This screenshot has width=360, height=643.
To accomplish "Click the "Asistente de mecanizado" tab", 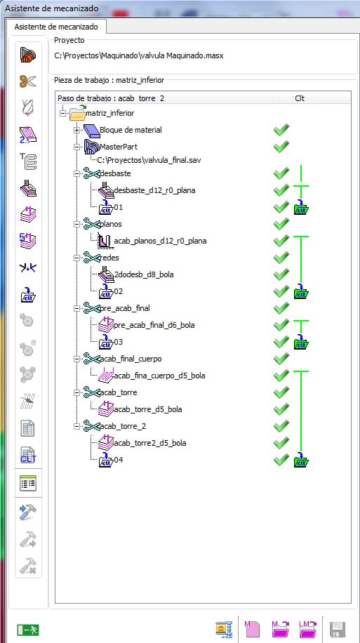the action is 56,27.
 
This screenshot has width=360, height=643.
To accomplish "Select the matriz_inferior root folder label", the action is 110,113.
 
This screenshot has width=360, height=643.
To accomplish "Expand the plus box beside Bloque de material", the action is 76,130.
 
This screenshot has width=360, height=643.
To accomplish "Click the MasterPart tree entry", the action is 119,147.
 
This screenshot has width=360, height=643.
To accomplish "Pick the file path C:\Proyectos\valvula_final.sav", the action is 149,159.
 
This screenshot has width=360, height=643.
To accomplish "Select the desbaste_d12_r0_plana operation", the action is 154,190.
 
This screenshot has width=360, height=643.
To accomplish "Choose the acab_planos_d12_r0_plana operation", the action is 160,241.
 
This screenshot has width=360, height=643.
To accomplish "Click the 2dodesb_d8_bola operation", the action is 143,274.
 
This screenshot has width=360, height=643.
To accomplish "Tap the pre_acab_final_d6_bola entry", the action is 154,325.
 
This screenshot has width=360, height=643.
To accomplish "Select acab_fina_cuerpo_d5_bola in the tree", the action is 159,376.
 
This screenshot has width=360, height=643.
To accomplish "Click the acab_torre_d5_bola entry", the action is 148,409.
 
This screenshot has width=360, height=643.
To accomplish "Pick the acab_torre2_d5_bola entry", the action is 150,443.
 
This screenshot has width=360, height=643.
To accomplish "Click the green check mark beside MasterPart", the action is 281,147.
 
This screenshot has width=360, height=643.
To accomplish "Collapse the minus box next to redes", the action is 76,258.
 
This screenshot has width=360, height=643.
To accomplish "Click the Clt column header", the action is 300,98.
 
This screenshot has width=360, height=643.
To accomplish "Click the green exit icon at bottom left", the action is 28,630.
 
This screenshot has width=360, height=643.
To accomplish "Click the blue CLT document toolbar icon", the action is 28,455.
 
